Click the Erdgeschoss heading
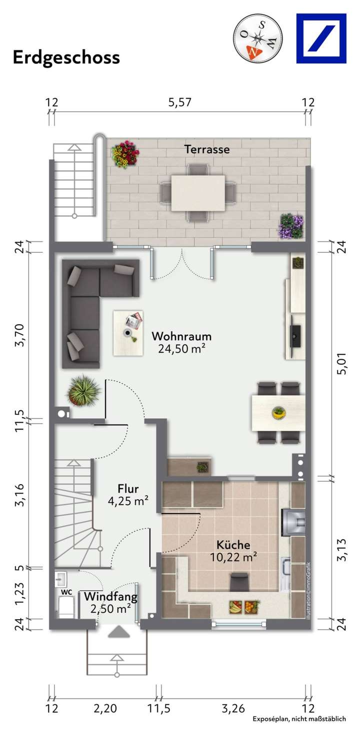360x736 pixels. coord(66,57)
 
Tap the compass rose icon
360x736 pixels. coord(257,38)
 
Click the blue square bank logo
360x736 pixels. coord(321,38)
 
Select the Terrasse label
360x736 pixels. coord(207,149)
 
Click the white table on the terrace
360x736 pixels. coord(198,192)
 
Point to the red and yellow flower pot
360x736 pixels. coord(125,154)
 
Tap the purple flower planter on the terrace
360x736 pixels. coord(291,226)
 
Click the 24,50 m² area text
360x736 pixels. coord(181,349)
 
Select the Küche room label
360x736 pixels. coord(233,545)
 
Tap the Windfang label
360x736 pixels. coord(110,596)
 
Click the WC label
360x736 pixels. coord(66,592)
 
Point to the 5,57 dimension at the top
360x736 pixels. coord(180,103)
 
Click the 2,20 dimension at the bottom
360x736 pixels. coord(105,708)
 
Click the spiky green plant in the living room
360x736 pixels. coord(83,390)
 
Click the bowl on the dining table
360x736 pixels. coord(278,413)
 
